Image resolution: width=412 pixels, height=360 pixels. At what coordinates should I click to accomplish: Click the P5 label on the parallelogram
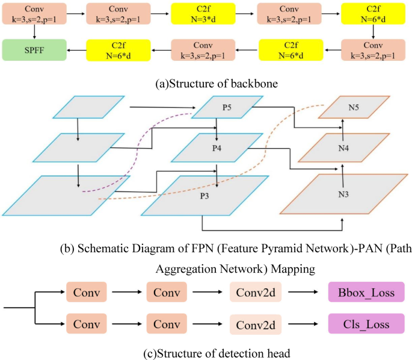[x=227, y=108]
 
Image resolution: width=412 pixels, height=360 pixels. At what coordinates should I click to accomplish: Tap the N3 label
[x=343, y=195]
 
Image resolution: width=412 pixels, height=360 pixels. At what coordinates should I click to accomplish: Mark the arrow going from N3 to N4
[x=342, y=170]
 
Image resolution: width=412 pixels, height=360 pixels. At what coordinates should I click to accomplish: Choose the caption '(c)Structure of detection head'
[x=206, y=349]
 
